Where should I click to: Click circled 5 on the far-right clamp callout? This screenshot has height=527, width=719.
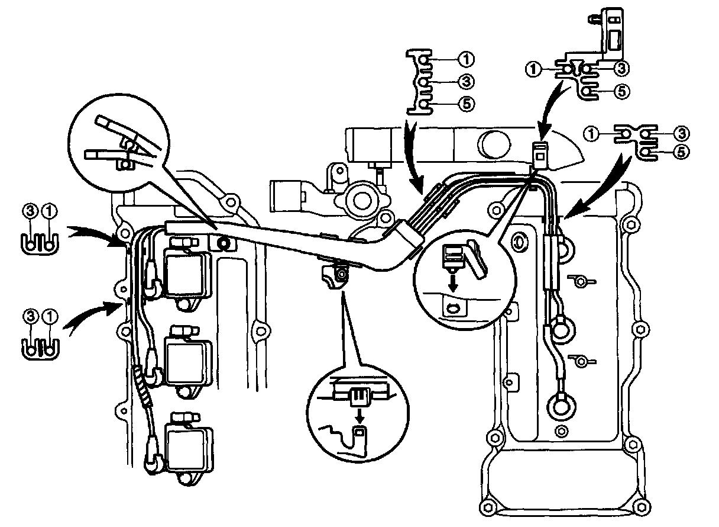682,152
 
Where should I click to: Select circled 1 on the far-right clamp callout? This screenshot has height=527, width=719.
593,134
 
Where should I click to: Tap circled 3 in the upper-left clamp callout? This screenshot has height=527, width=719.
30,210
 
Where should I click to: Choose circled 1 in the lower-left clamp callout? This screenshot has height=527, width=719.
51,317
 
